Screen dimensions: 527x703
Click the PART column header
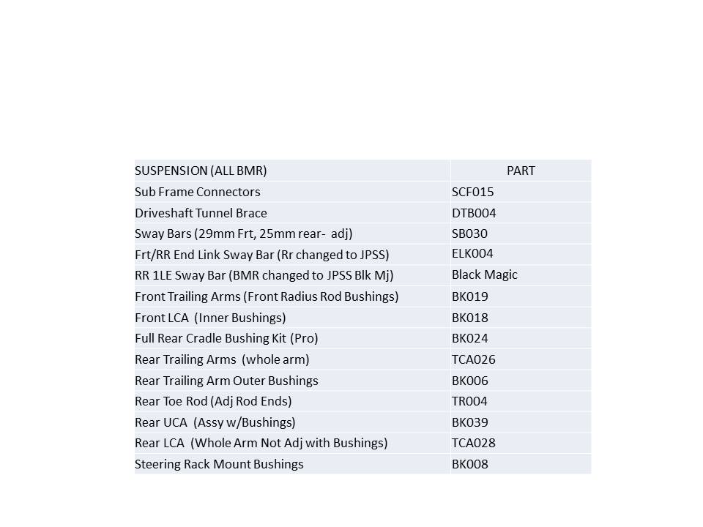pyautogui.click(x=521, y=171)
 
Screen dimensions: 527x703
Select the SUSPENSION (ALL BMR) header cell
pyautogui.click(x=201, y=171)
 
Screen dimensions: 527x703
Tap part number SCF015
pyautogui.click(x=472, y=192)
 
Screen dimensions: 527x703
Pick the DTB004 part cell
pyautogui.click(x=475, y=213)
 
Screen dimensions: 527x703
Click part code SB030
pyautogui.click(x=469, y=234)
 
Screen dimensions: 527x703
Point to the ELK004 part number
pyautogui.click(x=472, y=254)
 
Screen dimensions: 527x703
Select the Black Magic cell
pyautogui.click(x=484, y=275)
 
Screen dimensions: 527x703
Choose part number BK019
pyautogui.click(x=469, y=296)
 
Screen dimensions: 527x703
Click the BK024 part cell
pyautogui.click(x=469, y=338)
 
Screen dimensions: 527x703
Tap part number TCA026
pyautogui.click(x=473, y=359)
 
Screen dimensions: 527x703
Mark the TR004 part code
pyautogui.click(x=469, y=401)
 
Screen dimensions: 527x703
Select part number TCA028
pyautogui.click(x=473, y=443)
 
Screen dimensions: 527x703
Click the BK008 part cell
pyautogui.click(x=469, y=464)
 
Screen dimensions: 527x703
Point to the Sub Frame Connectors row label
pyautogui.click(x=197, y=192)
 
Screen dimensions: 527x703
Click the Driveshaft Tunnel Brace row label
pyautogui.click(x=201, y=213)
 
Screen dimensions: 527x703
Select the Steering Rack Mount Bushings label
pyautogui.click(x=219, y=464)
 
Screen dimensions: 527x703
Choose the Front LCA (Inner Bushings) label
pyautogui.click(x=210, y=318)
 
